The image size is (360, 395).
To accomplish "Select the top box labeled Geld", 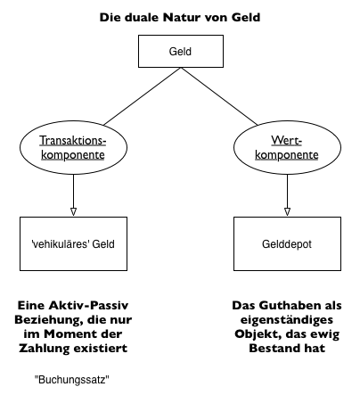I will pos(179,53).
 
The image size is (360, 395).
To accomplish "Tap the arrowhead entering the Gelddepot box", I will pos(287,212).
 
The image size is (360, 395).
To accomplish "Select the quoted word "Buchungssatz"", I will pos(71,379).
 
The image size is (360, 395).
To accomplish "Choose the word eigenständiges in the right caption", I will pos(287,319).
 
